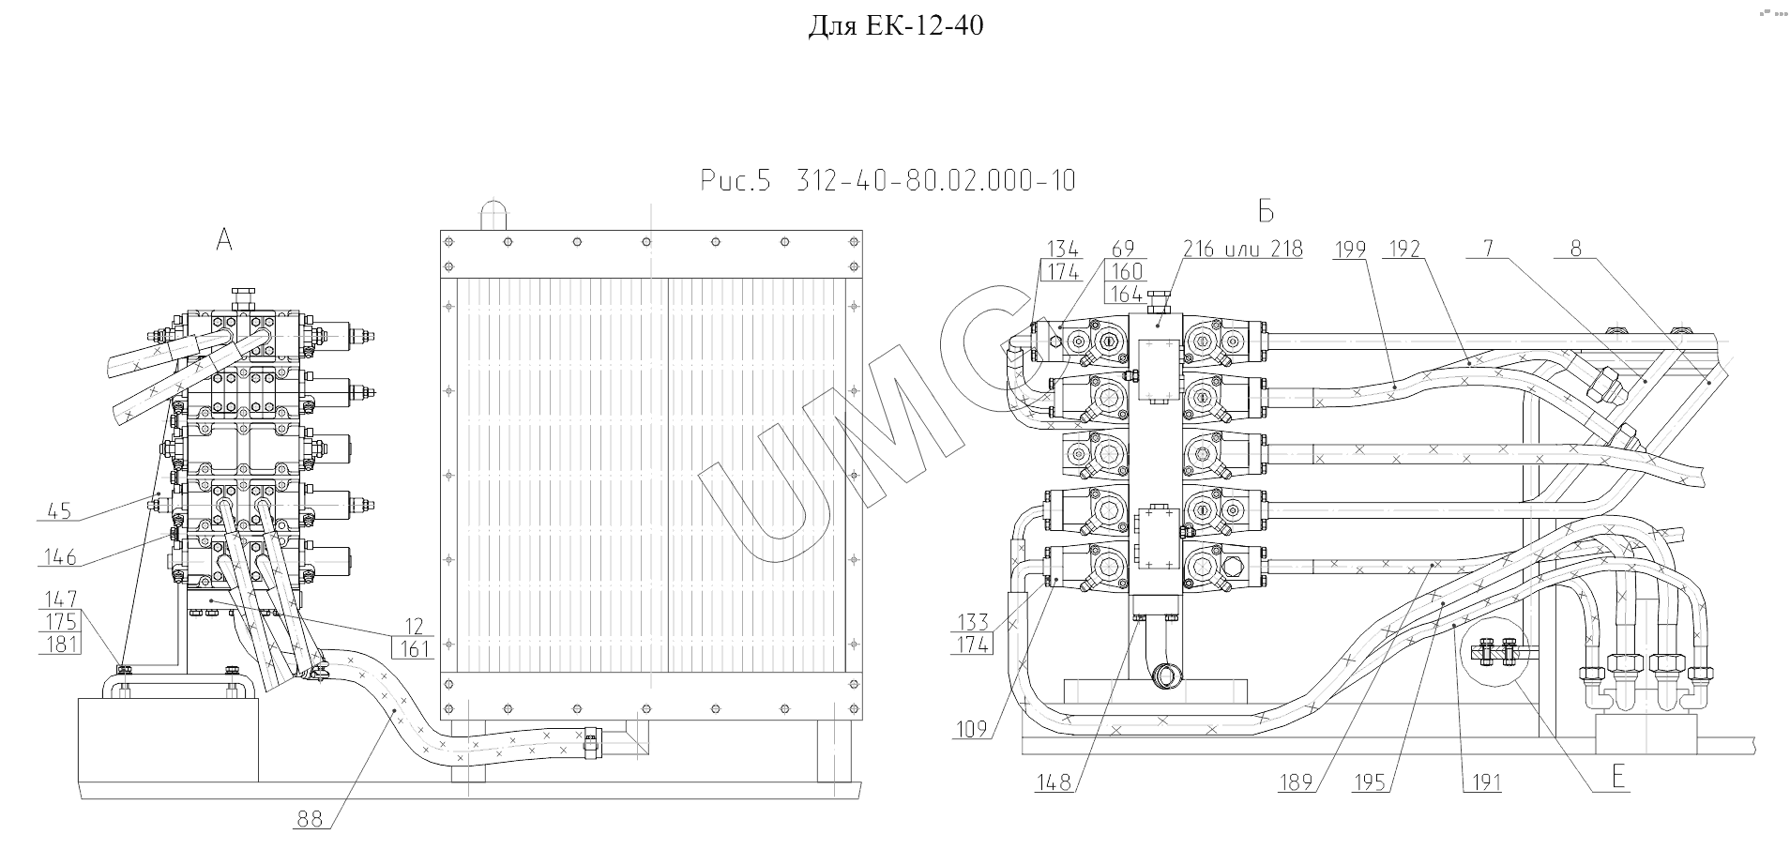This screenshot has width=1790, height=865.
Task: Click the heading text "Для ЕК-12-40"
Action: (895, 26)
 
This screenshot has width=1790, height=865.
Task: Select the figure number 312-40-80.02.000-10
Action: (935, 181)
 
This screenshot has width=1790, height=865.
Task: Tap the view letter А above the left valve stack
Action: (224, 241)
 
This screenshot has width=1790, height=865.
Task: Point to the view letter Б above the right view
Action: (1266, 212)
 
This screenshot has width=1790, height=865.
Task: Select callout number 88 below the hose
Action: (310, 819)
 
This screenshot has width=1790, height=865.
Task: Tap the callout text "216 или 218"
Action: (1242, 249)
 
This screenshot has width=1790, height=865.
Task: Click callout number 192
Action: (1404, 249)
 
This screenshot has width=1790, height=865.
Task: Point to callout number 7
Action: (1488, 249)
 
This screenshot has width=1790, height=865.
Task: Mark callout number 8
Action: (1575, 249)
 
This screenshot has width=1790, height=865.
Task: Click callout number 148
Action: (1054, 782)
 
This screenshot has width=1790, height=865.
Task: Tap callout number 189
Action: (1296, 782)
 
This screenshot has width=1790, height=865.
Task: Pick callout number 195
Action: (1370, 782)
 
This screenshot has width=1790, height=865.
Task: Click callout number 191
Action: (1483, 782)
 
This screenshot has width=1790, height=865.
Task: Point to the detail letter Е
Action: (1617, 777)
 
